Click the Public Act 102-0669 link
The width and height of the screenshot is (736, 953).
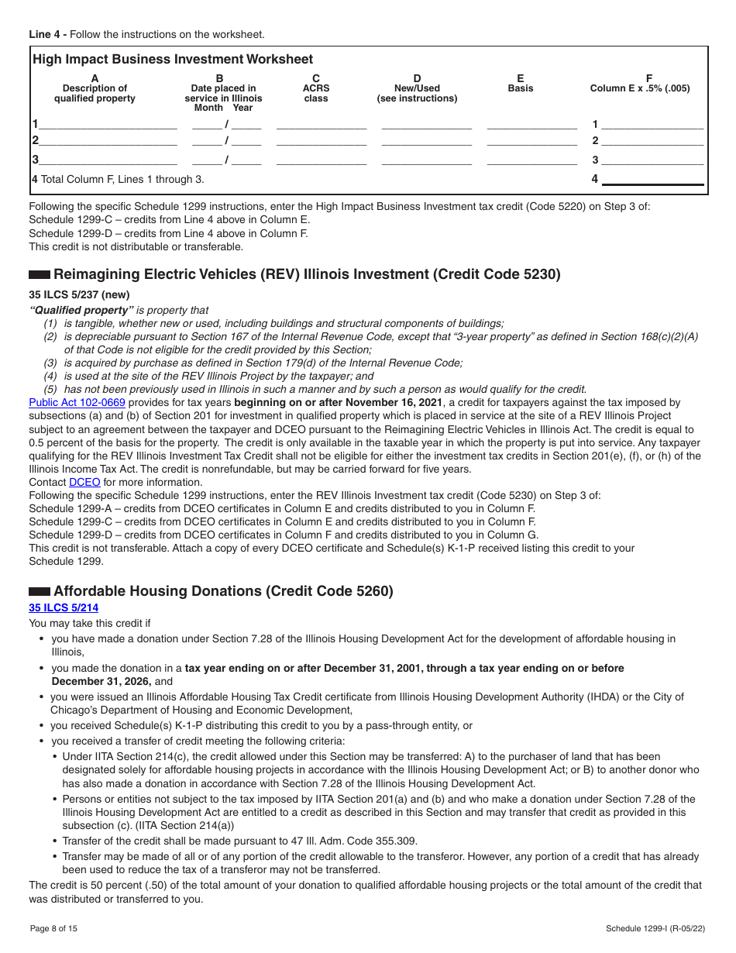[x=77, y=402]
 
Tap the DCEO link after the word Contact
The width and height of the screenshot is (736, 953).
[x=84, y=482]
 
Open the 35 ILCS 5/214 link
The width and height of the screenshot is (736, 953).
[x=64, y=608]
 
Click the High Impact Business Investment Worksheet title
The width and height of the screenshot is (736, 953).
[x=173, y=60]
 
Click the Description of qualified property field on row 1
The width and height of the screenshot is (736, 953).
[x=108, y=124]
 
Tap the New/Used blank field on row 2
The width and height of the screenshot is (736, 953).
[x=427, y=141]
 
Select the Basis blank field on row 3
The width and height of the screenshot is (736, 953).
[x=531, y=160]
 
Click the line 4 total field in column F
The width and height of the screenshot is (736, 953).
[x=652, y=179]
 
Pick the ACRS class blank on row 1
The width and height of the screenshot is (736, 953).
[x=322, y=124]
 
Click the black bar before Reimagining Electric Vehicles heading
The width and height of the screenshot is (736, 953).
[x=40, y=275]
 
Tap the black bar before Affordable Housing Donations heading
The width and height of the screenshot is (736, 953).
[x=40, y=592]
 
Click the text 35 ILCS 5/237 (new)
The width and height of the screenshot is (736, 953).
[x=79, y=294]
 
